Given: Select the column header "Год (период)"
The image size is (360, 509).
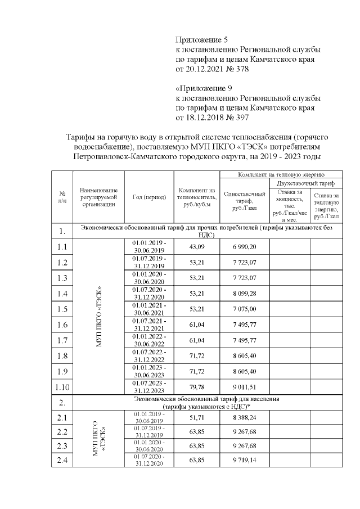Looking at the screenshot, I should click(x=149, y=197).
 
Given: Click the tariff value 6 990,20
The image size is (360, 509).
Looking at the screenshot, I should click(x=245, y=247).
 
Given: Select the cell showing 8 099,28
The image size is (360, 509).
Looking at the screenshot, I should click(x=245, y=293).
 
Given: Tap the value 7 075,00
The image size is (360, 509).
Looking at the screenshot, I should click(x=245, y=309).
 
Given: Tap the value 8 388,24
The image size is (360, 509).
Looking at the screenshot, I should click(x=245, y=417).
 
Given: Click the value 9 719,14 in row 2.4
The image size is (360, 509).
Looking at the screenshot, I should click(x=245, y=460).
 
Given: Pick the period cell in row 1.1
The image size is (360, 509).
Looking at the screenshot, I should click(x=149, y=246).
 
